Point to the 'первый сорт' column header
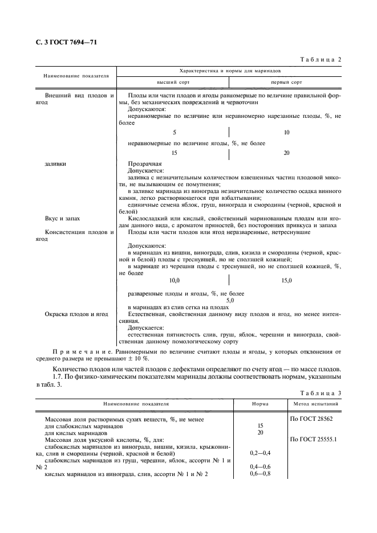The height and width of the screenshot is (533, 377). click(286, 82)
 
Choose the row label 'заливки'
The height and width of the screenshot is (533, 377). click(55, 163)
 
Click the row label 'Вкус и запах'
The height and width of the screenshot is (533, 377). click(59, 218)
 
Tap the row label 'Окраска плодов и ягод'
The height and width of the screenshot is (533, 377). click(71, 314)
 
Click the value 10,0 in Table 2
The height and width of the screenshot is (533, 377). click(174, 280)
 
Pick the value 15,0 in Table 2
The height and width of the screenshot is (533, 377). click(286, 280)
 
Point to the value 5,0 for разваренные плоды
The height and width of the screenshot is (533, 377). click(230, 300)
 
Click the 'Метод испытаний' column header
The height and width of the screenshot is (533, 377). click(316, 404)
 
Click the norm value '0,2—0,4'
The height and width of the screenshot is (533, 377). click(260, 453)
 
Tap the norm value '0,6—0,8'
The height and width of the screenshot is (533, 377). click(260, 473)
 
